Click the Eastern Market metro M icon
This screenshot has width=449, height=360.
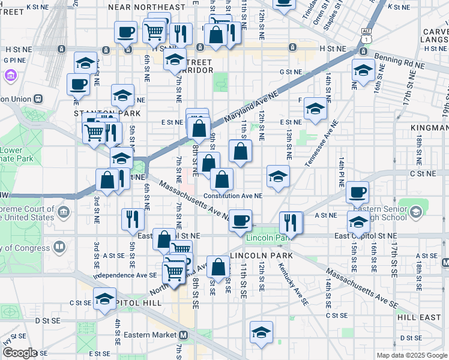click(x=184, y=335)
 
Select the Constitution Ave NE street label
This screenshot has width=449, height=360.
click(x=233, y=196)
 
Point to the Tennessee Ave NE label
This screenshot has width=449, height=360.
click(x=314, y=145)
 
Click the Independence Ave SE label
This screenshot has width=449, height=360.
click(x=125, y=275)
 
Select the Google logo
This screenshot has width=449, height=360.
click(x=20, y=352)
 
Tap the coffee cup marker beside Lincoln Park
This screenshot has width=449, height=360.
click(x=241, y=219)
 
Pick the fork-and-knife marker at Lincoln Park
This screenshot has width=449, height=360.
click(x=291, y=221)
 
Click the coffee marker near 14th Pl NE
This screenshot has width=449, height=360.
click(x=357, y=191)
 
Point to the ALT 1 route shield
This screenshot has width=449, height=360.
click(x=366, y=35)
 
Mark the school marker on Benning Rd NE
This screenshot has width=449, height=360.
click(x=363, y=70)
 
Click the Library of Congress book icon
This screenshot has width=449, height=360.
click(x=59, y=247)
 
